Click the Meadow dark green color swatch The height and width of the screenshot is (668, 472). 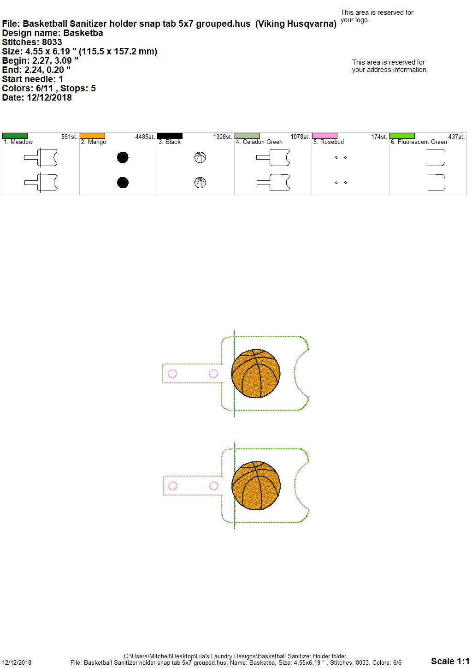point(15,136)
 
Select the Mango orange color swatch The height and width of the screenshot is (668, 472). point(92,136)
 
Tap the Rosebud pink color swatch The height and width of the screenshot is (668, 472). point(324,136)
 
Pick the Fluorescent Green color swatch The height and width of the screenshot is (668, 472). point(402,136)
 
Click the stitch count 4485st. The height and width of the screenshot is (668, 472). point(145,137)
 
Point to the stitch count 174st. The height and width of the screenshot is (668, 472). point(379,137)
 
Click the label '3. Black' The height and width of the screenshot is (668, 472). point(170,142)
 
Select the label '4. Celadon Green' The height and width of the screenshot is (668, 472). point(259,142)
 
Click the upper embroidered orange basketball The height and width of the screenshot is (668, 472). point(256,373)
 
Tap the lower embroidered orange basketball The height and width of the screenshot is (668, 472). point(256,485)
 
